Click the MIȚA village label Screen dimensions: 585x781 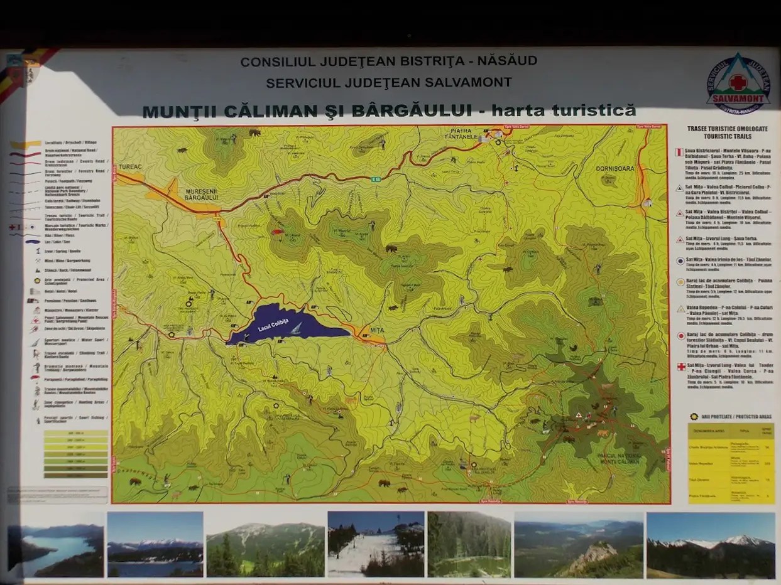[377, 330]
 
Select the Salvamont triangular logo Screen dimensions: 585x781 [738, 82]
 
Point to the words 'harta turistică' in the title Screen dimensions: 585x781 [564, 111]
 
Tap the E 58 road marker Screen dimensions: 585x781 [376, 180]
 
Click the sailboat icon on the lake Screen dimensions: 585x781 [295, 328]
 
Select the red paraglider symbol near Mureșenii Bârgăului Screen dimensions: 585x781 [277, 232]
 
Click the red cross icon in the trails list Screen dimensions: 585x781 [680, 366]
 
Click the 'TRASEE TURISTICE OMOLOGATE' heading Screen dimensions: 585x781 [727, 128]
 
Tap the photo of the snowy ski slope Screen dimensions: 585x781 [375, 544]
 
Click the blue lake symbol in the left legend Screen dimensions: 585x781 [33, 241]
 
